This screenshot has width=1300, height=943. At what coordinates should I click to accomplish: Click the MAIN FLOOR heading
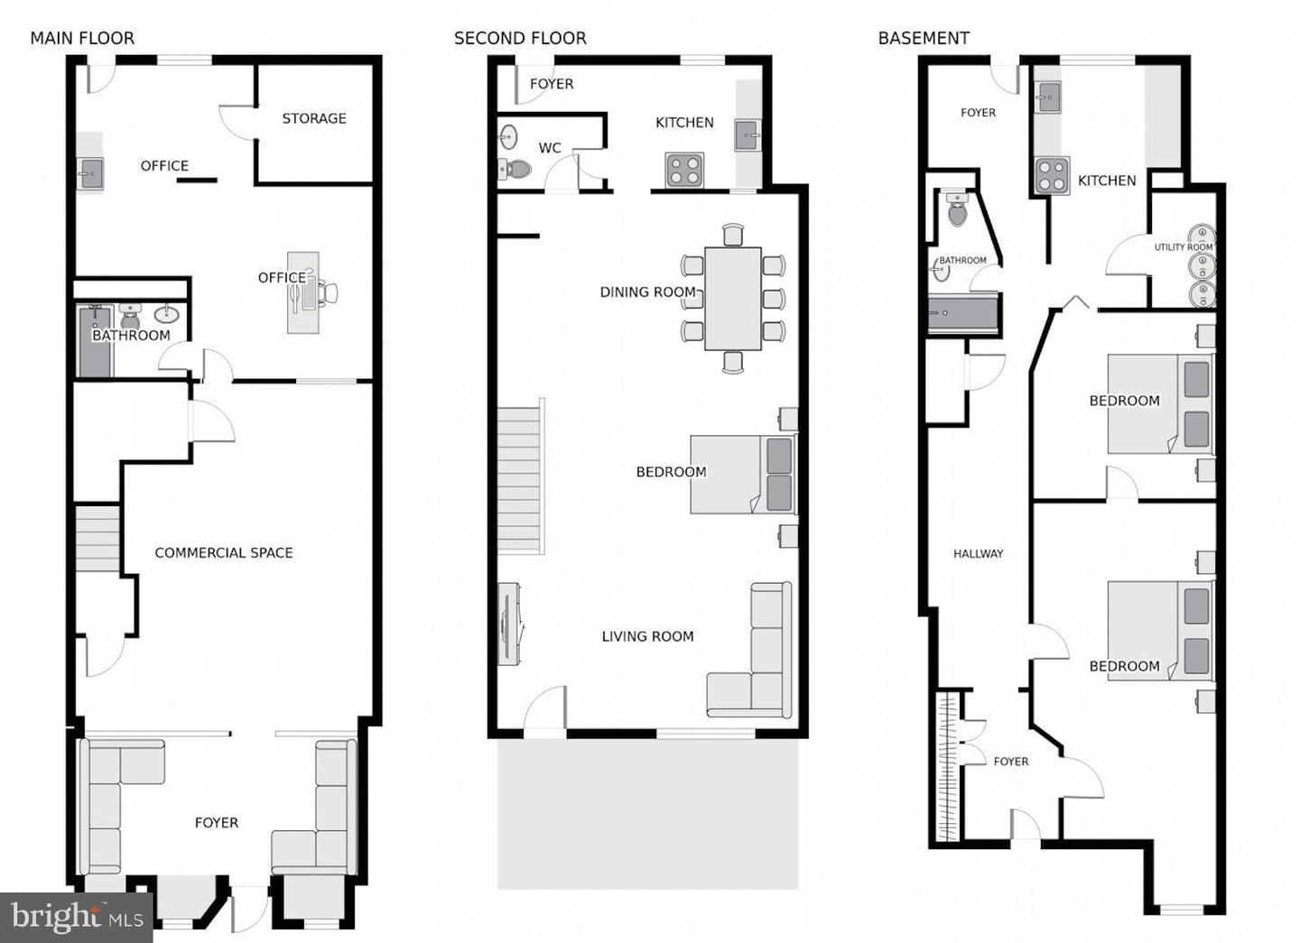82,38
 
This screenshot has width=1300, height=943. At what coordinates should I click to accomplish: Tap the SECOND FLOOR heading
520,38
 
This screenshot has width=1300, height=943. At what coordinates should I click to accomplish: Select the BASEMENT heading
924,38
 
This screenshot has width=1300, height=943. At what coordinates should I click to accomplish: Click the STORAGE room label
314,118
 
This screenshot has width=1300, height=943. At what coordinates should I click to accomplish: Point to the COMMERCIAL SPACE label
224,552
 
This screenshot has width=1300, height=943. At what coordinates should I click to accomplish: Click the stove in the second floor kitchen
684,170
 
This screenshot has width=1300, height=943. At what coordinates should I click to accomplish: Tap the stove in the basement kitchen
1051,176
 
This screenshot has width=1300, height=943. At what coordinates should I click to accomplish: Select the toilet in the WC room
517,169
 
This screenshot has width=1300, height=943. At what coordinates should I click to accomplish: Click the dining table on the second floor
732,298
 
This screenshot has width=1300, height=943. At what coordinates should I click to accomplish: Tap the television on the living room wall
506,624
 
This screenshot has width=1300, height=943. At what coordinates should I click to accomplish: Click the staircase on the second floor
522,478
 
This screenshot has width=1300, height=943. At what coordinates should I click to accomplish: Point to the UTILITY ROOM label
1183,247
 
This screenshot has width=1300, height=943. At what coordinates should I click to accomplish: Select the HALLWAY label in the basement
978,553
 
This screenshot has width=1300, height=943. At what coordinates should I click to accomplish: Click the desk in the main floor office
302,291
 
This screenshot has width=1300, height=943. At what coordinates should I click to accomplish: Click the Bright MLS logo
76,918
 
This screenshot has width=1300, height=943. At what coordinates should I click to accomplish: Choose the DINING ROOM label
647,291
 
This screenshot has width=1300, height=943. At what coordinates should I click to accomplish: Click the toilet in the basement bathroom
957,211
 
